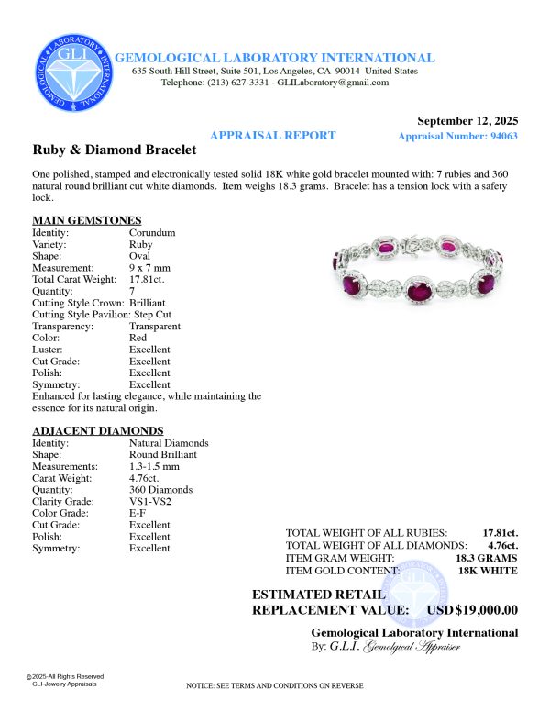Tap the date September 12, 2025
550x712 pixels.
click(x=467, y=120)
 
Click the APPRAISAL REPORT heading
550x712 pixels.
click(x=273, y=135)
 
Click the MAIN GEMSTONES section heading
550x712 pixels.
click(x=86, y=220)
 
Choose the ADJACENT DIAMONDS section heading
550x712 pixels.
click(x=97, y=430)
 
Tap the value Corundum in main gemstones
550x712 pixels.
click(x=151, y=233)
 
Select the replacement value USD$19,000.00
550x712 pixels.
click(x=473, y=610)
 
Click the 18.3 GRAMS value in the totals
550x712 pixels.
click(x=486, y=558)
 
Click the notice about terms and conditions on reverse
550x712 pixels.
click(x=275, y=685)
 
